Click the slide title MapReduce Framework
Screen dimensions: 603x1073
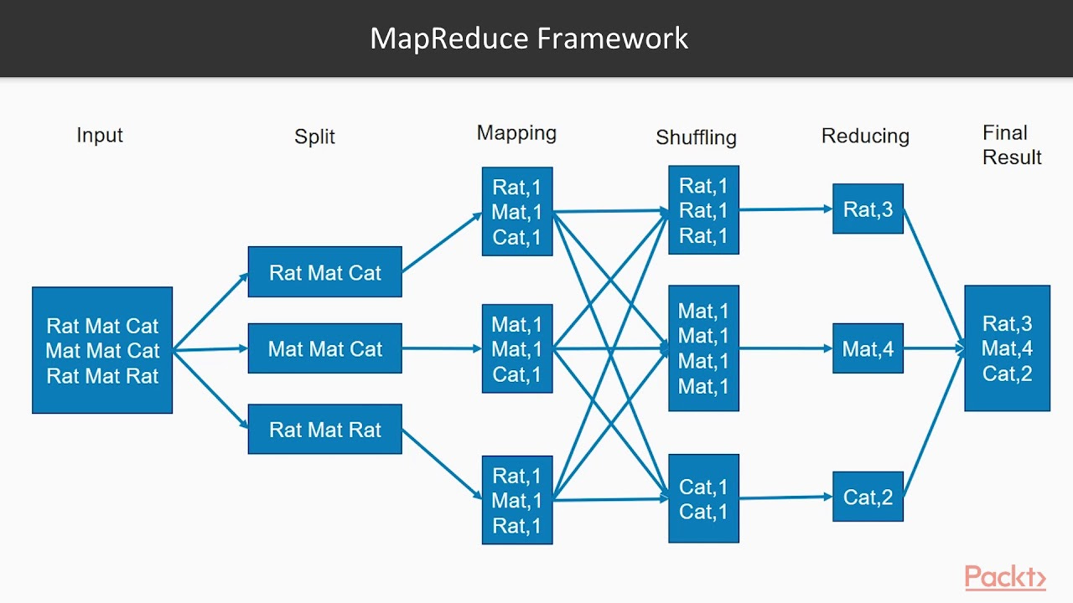click(x=529, y=39)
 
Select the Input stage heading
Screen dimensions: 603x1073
click(x=100, y=136)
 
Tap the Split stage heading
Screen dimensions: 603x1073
click(x=314, y=137)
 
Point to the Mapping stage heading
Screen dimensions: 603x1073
click(x=516, y=133)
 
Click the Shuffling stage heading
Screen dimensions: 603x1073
click(x=696, y=137)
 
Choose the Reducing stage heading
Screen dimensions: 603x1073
click(x=865, y=136)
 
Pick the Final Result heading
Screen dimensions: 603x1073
click(x=1011, y=145)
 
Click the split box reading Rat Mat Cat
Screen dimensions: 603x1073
click(x=324, y=272)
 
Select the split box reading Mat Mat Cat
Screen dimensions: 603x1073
click(x=324, y=348)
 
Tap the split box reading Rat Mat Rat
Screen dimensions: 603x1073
click(x=324, y=430)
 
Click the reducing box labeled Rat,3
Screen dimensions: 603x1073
click(x=868, y=209)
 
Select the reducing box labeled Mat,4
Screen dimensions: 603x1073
click(x=868, y=348)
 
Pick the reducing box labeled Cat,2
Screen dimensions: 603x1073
click(x=868, y=497)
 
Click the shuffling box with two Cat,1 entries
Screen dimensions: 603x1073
click(x=703, y=499)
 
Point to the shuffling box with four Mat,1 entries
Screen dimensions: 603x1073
click(x=703, y=348)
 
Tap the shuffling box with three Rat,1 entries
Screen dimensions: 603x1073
click(x=703, y=210)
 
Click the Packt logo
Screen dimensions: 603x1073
click(x=1005, y=577)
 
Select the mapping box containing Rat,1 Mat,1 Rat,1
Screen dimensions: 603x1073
click(x=517, y=500)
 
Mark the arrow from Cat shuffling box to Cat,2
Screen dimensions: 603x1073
click(x=785, y=497)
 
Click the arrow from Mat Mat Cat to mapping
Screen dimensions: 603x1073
click(x=442, y=348)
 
